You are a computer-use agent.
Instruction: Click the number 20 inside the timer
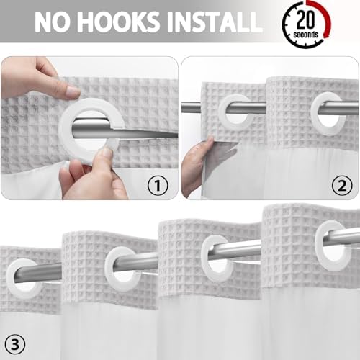(x=305, y=19)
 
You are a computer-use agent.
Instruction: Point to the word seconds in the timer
(x=305, y=35)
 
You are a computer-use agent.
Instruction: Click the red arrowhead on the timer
(x=326, y=34)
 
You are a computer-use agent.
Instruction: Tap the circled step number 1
(x=158, y=185)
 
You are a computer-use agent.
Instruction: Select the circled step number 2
(x=342, y=185)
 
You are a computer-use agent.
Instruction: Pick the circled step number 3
(x=15, y=345)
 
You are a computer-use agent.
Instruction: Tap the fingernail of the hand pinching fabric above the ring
(x=73, y=92)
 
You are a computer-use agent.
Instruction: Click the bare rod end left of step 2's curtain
(x=191, y=107)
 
